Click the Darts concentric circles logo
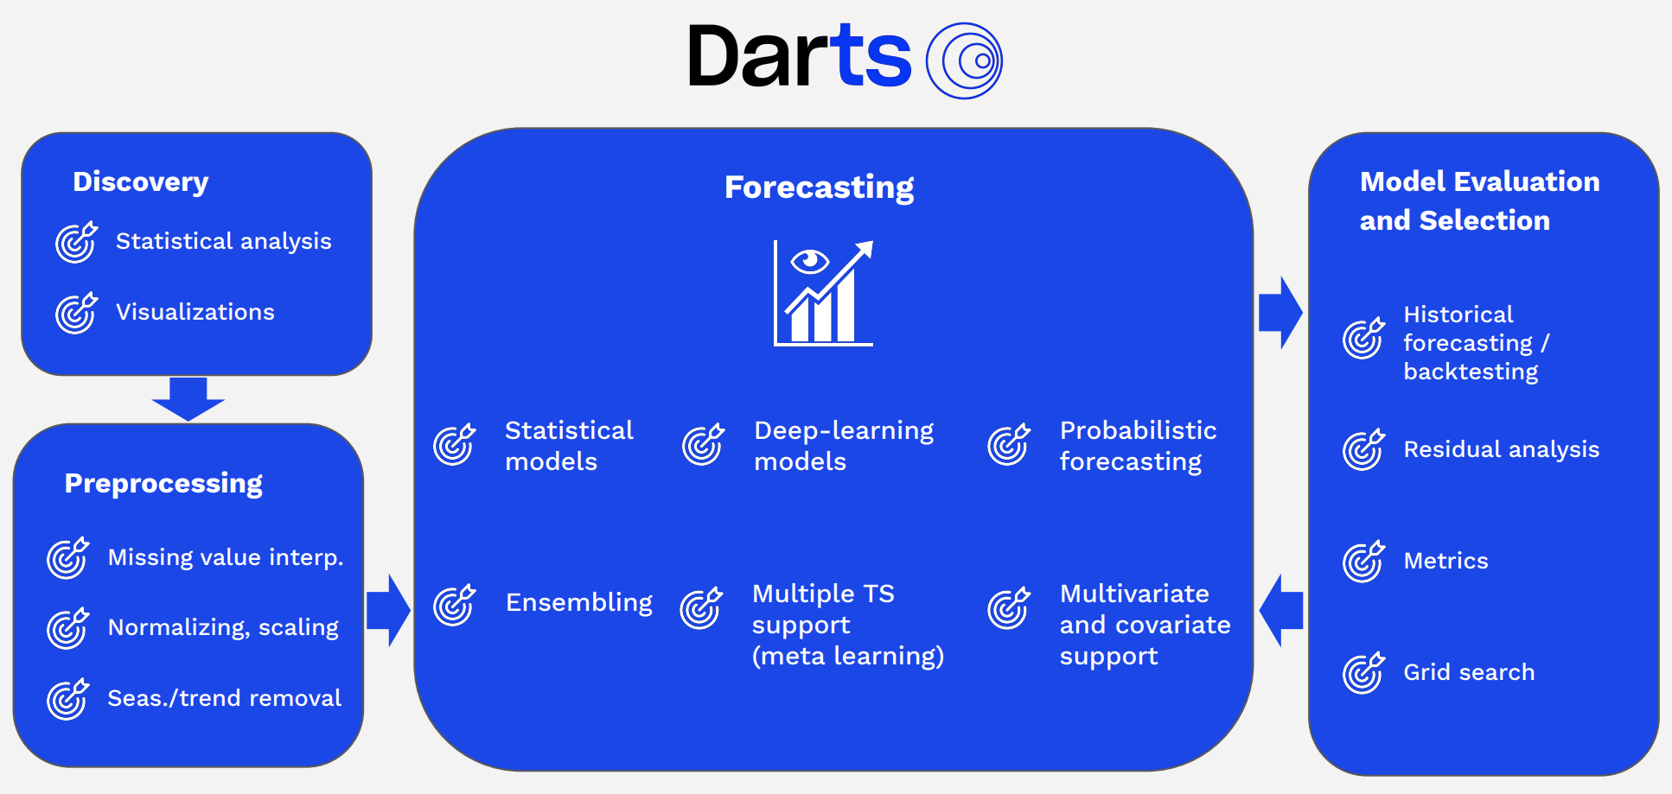tap(964, 60)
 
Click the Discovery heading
tap(140, 181)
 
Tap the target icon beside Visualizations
tap(76, 313)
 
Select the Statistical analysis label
tap(223, 241)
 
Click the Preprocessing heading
tap(163, 483)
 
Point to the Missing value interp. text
tap(225, 557)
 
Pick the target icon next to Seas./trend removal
tap(67, 699)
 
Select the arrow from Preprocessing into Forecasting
tap(388, 610)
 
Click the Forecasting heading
tap(819, 187)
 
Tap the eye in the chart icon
tap(810, 260)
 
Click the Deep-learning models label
tap(843, 446)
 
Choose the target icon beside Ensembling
tap(454, 605)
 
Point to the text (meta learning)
tap(847, 657)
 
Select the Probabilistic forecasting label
tap(1137, 446)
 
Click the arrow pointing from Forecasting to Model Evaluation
tap(1280, 312)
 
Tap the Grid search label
tap(1468, 672)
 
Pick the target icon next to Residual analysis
tap(1363, 450)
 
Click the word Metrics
tap(1445, 561)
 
